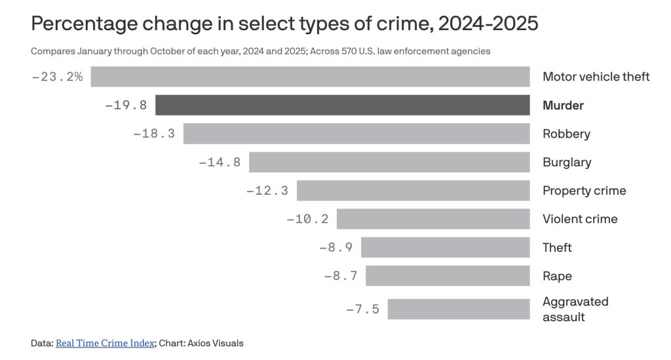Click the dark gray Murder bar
342,105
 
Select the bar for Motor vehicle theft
310,77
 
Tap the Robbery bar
356,134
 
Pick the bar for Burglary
389,162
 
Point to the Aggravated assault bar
459,309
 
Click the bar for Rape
448,276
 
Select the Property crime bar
413,191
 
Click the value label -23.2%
58,77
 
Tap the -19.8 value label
126,105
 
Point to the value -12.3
267,191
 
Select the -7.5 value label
362,309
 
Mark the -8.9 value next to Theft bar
335,247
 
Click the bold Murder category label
563,106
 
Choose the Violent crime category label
580,219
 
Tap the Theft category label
557,247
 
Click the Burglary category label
567,162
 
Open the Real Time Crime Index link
105,343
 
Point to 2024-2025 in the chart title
488,24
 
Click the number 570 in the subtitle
349,51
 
